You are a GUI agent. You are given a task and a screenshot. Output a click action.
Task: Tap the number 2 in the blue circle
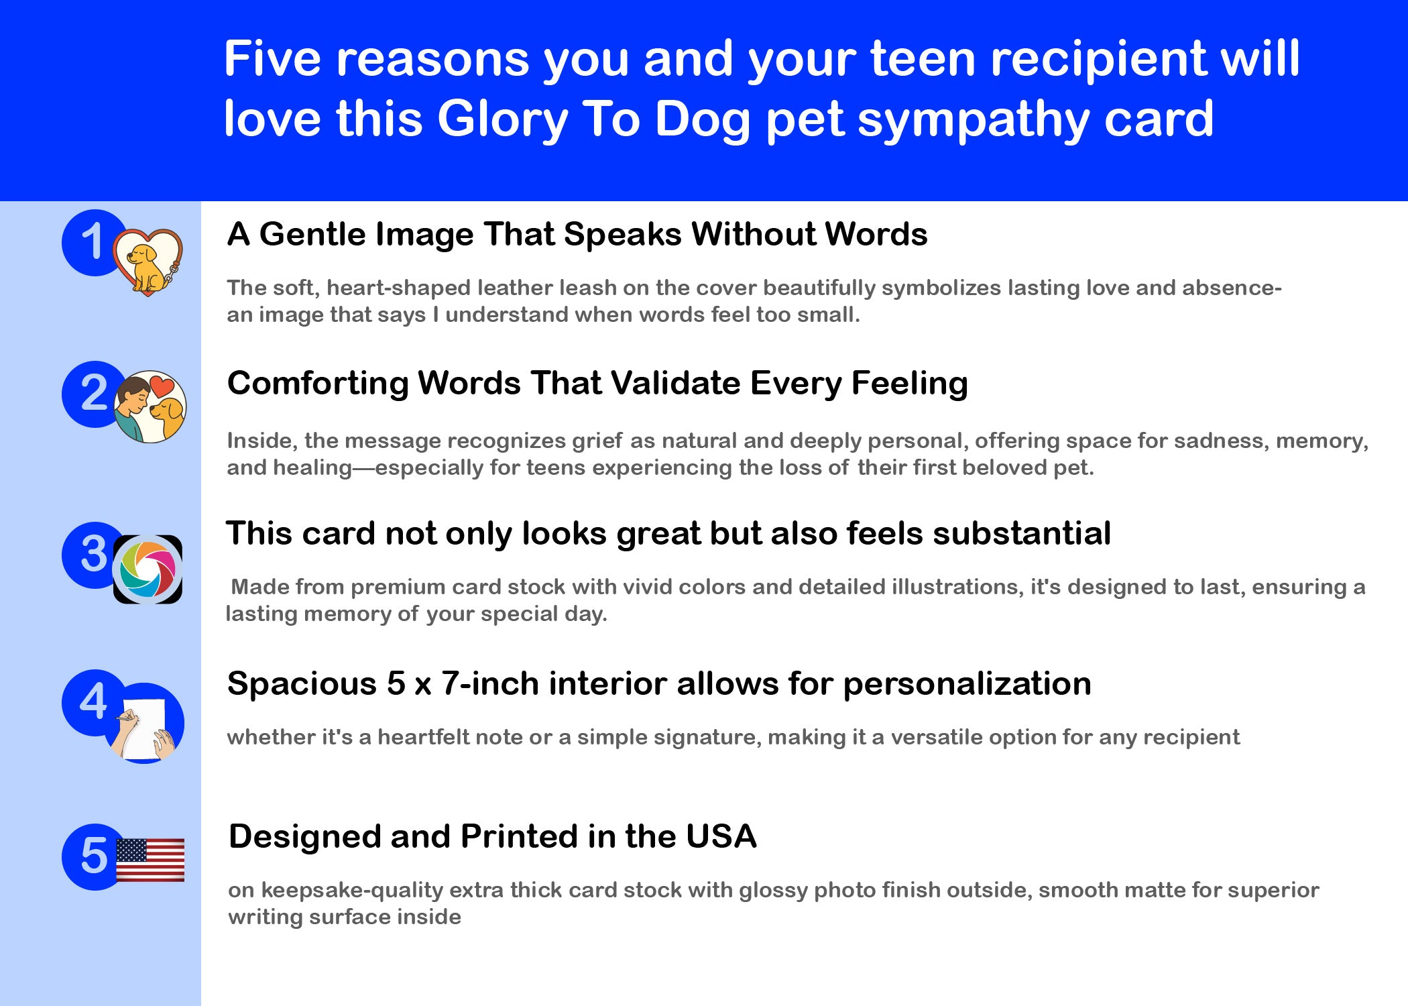tap(94, 393)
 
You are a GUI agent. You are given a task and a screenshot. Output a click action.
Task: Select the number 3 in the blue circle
tap(94, 554)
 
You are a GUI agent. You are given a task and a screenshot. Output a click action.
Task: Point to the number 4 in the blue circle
tap(93, 702)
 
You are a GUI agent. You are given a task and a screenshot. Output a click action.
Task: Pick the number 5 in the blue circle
tap(94, 856)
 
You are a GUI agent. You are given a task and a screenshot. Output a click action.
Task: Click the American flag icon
tap(150, 860)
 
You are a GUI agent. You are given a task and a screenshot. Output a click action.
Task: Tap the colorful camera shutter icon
tap(148, 569)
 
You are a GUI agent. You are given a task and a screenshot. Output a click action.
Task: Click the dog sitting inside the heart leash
tap(143, 268)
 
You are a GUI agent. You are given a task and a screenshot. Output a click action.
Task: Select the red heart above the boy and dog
tap(161, 387)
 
